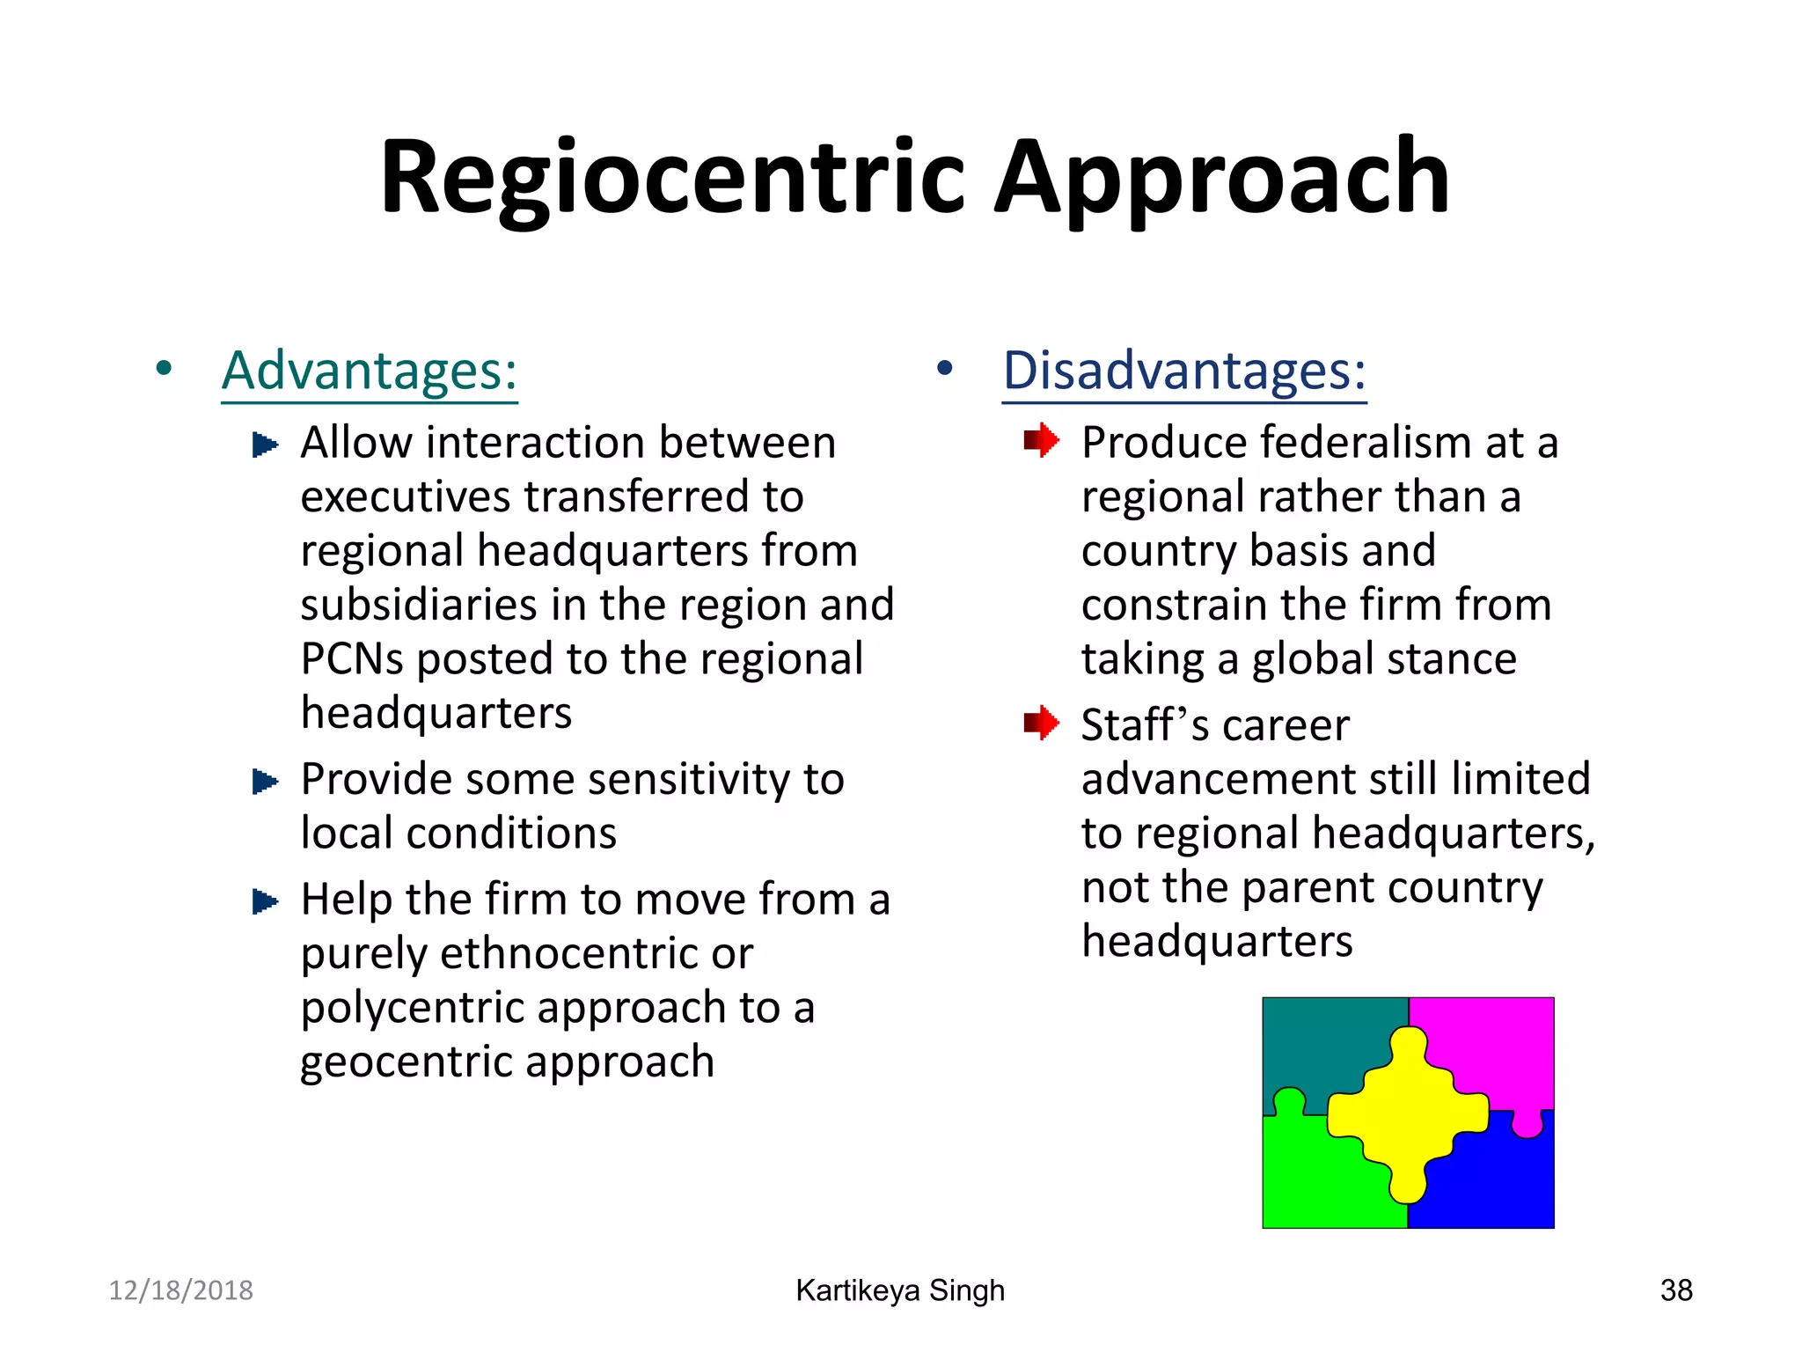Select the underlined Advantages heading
(370, 371)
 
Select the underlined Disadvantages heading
(1184, 371)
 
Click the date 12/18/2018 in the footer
(180, 1290)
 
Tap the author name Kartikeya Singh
(900, 1290)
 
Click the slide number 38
(1676, 1290)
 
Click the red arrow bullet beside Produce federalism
(1041, 440)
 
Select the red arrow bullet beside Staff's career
(1041, 724)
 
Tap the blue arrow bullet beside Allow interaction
(265, 445)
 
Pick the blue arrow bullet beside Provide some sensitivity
(265, 781)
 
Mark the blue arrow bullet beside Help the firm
(265, 901)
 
